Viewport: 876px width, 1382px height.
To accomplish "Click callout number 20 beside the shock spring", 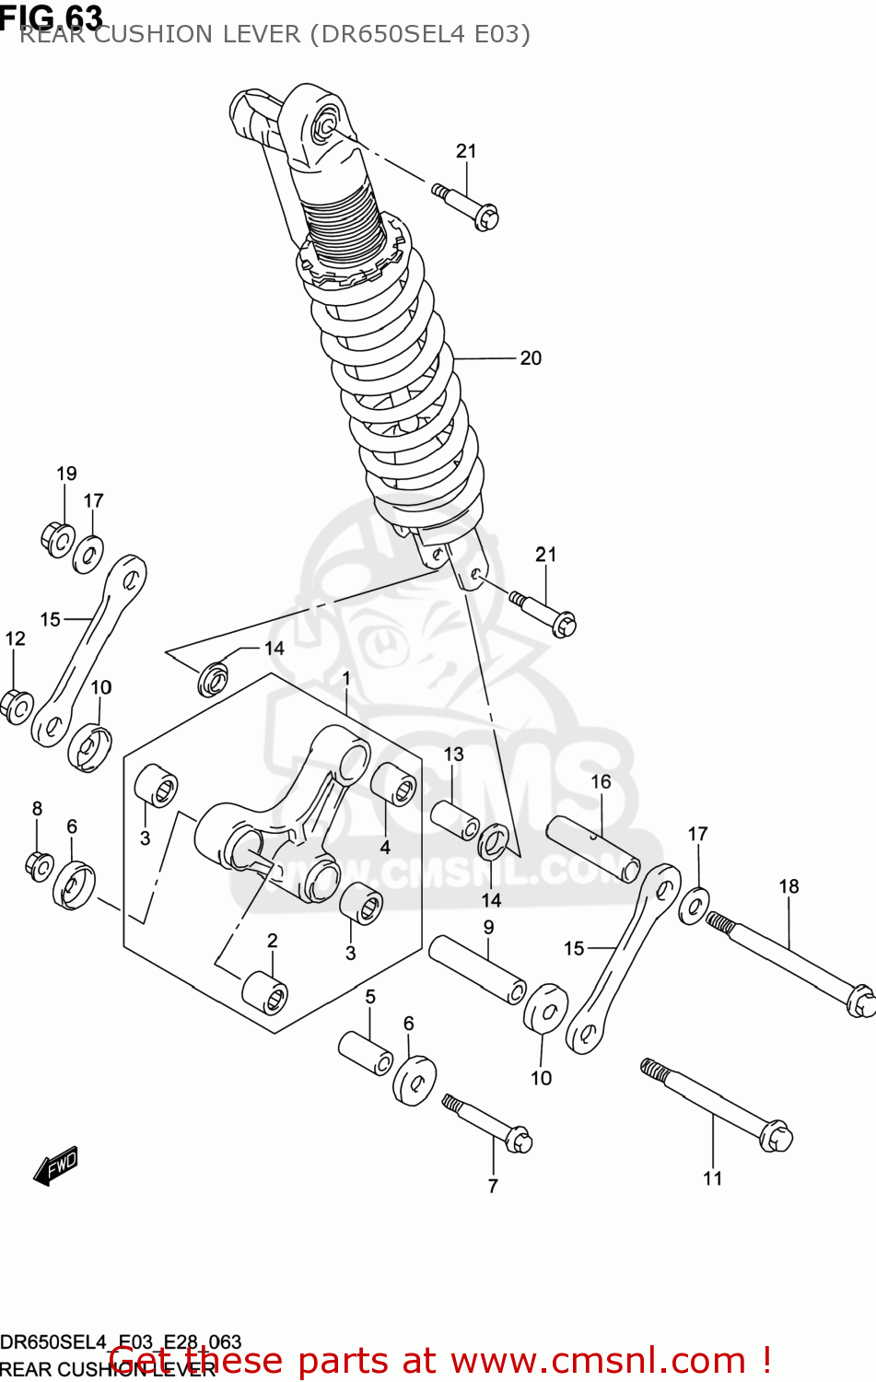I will coord(531,358).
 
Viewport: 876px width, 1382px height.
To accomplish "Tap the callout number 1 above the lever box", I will coord(346,679).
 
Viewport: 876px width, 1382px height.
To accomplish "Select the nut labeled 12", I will coord(16,707).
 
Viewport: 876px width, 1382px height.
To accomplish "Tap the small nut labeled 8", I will coord(38,865).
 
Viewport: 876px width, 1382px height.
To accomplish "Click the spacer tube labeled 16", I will coord(593,848).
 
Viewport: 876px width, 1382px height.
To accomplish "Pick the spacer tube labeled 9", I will coord(477,968).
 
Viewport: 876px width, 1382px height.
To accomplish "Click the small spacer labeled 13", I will coord(454,820).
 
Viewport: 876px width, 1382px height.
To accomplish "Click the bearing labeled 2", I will coord(264,992).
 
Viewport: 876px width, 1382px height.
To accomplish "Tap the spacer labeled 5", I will coord(367,1052).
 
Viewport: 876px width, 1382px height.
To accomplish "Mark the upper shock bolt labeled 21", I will coord(465,205).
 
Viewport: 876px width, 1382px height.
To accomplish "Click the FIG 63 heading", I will coord(52,16).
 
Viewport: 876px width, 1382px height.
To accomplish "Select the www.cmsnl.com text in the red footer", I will coord(598,1361).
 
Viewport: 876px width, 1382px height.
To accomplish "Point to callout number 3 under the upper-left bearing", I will coord(145,838).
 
